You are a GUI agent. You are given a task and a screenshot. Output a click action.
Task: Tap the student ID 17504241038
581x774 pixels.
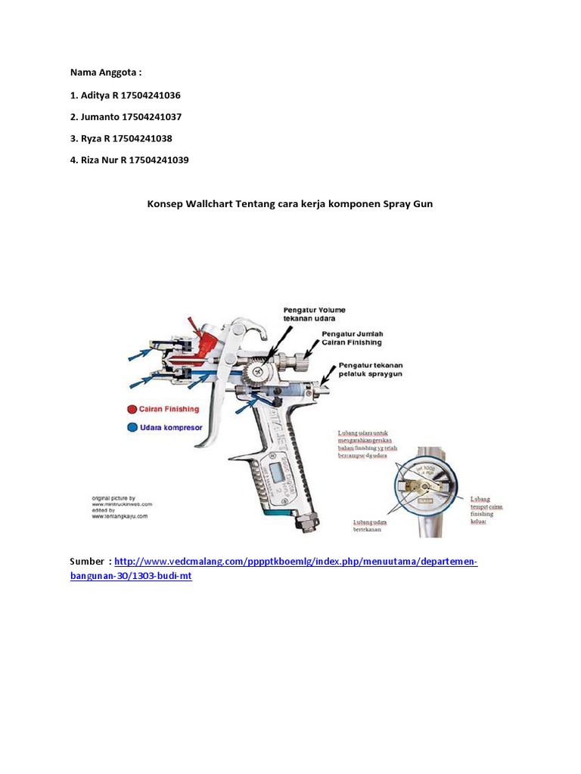[x=148, y=139]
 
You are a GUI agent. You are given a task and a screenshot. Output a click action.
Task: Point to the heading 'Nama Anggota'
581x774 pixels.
[x=105, y=73]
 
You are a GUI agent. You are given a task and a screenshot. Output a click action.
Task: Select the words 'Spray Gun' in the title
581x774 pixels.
[x=408, y=204]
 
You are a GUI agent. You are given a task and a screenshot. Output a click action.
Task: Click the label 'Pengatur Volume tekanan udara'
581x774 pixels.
[x=314, y=314]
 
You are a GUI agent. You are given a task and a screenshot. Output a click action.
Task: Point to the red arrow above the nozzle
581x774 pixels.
[x=202, y=330]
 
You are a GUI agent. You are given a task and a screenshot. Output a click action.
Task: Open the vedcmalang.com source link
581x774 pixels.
[x=296, y=563]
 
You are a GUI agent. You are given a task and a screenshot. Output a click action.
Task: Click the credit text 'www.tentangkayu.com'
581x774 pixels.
[x=120, y=517]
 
